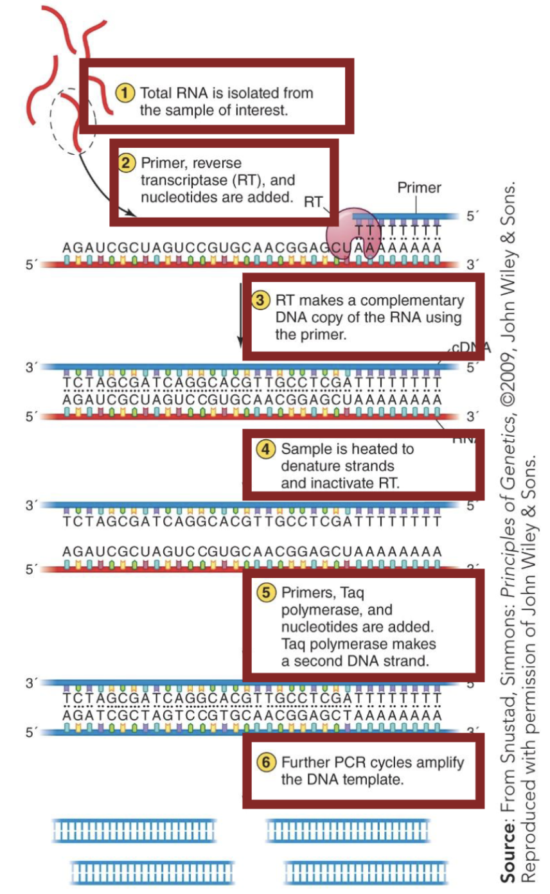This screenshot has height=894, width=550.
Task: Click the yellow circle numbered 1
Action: click(125, 92)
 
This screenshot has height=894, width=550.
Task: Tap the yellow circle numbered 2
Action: click(127, 163)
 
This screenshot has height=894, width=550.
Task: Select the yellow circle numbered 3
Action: click(260, 301)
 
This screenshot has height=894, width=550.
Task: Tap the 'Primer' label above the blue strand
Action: click(419, 188)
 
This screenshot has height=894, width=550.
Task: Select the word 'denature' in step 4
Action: click(309, 466)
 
